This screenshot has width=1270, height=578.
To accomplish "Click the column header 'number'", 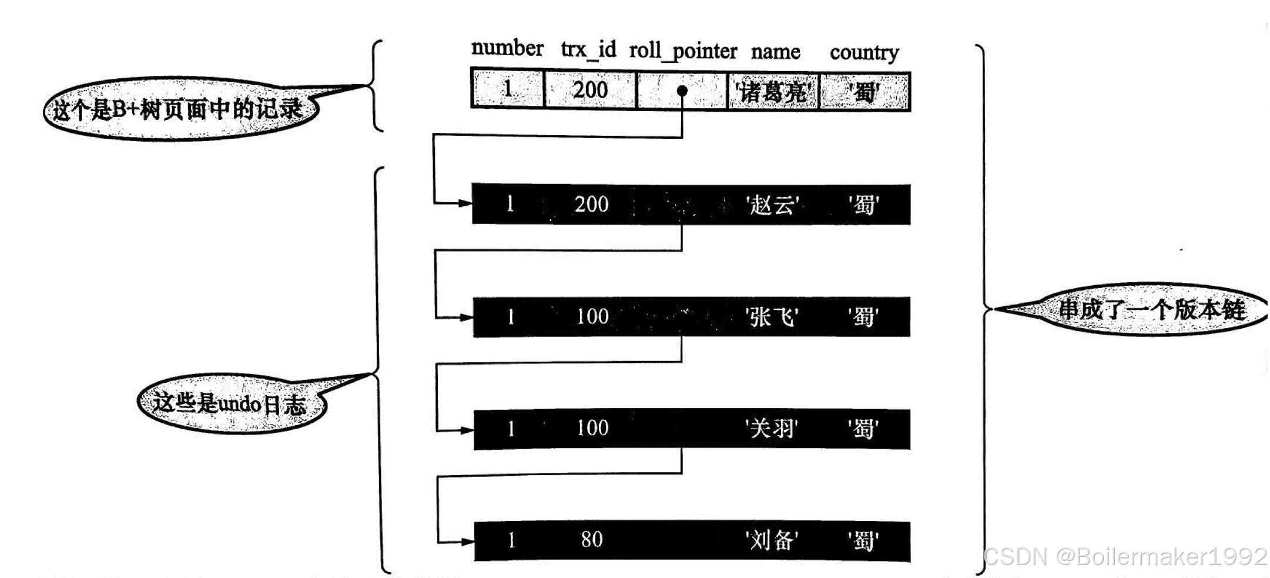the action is (x=507, y=48).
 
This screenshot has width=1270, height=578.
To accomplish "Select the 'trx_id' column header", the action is (x=588, y=49).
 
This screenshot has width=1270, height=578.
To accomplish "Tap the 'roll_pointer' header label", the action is (x=683, y=51).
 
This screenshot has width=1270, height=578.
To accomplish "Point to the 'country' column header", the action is (x=864, y=53).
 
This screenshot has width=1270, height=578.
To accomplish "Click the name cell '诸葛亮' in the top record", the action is (x=773, y=92).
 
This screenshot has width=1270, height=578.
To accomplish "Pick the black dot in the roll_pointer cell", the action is (x=682, y=91).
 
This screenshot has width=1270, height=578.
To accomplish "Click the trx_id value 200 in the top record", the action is (x=590, y=90).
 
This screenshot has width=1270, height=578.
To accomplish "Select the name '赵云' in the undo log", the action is (x=772, y=205).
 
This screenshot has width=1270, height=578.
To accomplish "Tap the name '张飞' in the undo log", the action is (x=772, y=318).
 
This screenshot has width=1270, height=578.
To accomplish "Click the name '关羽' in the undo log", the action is (x=771, y=429).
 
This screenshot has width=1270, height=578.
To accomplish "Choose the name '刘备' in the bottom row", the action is (x=771, y=540).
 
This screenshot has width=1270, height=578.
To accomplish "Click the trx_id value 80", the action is (x=592, y=540).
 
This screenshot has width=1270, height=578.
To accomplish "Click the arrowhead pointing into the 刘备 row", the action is (x=467, y=542).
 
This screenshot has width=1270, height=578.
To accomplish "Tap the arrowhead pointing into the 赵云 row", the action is (x=465, y=203).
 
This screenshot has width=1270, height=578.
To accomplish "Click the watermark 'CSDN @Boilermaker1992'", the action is (x=1125, y=556).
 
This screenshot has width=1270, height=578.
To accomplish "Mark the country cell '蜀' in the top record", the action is (x=864, y=92).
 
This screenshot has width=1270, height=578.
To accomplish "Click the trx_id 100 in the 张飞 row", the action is (x=592, y=317).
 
